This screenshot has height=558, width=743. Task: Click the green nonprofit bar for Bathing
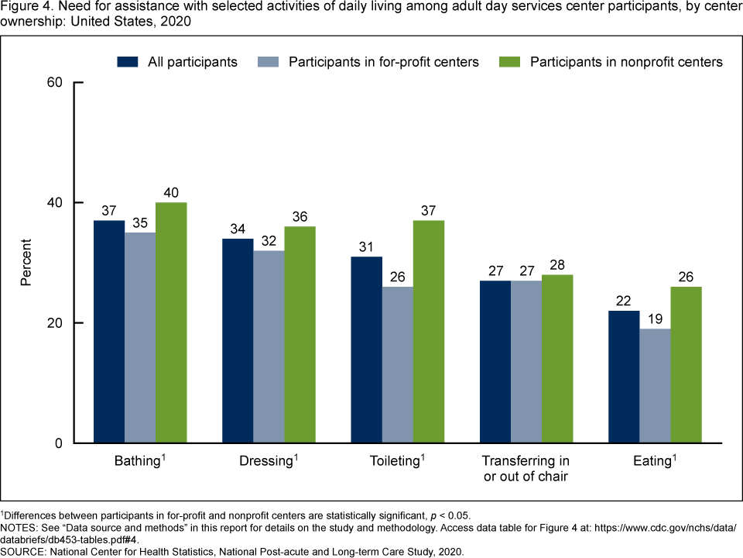point(171,322)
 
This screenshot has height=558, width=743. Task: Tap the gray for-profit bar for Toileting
point(398,364)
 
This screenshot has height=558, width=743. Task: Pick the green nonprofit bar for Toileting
point(429,332)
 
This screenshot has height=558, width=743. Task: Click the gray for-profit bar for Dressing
point(269,346)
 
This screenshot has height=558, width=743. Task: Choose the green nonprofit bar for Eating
point(687,364)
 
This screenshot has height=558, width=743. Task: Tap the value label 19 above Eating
point(655,319)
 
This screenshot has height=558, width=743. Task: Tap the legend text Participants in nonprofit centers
point(626,62)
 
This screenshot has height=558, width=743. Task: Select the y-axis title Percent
point(26,263)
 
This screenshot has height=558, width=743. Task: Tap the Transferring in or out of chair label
point(526,468)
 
